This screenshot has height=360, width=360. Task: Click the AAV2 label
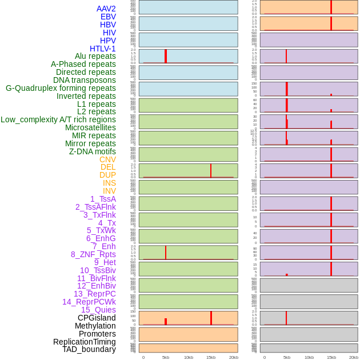(106, 9)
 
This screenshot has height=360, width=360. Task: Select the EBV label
(108, 17)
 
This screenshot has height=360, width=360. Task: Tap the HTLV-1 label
(102, 49)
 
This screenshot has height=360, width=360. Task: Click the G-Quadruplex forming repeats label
(61, 88)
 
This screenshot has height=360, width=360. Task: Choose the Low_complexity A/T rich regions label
(58, 119)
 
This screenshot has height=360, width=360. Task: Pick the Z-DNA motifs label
(93, 151)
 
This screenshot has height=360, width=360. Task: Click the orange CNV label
(107, 159)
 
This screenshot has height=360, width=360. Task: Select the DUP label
(107, 175)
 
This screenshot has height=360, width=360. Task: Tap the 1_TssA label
(103, 199)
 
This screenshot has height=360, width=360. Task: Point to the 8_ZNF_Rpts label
(93, 254)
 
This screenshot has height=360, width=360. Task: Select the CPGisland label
(97, 318)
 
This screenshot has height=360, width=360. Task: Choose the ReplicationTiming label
(84, 342)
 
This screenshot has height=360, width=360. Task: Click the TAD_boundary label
(89, 349)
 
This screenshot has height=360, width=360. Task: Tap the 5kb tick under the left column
(166, 357)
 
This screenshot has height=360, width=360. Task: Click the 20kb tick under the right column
(354, 357)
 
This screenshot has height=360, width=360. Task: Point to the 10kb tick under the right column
(309, 357)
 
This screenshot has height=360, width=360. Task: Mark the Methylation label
(95, 326)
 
